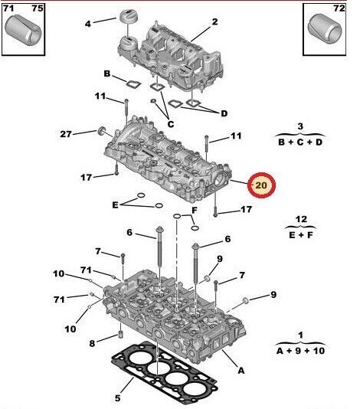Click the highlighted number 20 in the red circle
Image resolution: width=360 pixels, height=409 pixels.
(x=261, y=185)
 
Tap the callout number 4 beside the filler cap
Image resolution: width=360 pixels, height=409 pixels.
(x=88, y=23)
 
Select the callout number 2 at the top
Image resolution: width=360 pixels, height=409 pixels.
(x=214, y=21)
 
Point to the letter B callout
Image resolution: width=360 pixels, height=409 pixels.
(x=108, y=74)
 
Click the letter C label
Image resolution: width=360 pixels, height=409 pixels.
(x=170, y=124)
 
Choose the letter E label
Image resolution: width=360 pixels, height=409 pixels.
(x=115, y=204)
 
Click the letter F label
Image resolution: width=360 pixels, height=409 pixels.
(x=195, y=209)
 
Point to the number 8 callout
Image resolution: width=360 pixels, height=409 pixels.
(x=93, y=343)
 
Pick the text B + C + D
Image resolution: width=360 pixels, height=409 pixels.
(x=300, y=142)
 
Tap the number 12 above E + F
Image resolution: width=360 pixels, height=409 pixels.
(x=301, y=219)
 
